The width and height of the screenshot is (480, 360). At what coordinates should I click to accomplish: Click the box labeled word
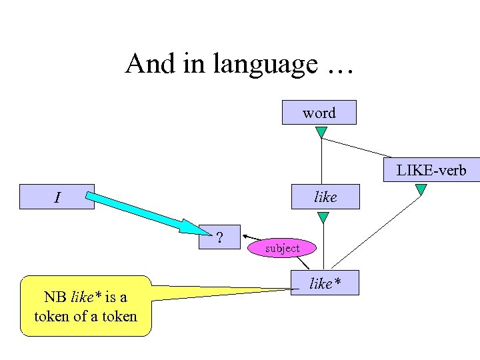click(319, 113)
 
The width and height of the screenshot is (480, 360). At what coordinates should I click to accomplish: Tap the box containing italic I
click(57, 197)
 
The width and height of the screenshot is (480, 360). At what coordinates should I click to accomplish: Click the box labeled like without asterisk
click(325, 197)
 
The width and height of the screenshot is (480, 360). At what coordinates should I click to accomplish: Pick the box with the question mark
click(219, 235)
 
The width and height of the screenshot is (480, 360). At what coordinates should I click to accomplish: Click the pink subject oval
click(282, 248)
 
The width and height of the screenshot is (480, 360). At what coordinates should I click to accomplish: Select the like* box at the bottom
click(325, 283)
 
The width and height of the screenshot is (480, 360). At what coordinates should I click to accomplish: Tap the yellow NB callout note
click(86, 306)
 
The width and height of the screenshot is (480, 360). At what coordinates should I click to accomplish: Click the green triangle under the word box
click(321, 132)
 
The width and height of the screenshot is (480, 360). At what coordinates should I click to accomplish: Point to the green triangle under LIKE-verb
click(421, 190)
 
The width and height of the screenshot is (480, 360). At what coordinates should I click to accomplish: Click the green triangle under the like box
click(323, 217)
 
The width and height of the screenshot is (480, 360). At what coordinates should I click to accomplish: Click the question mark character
click(219, 235)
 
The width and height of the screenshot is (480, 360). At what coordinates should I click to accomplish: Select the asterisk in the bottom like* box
click(337, 281)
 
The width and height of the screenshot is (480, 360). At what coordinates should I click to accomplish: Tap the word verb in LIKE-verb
click(451, 170)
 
